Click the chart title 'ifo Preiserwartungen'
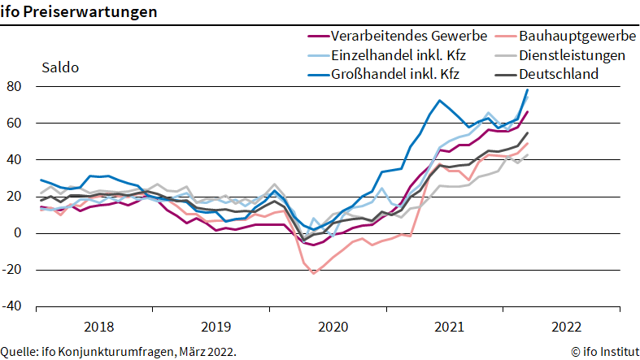78,11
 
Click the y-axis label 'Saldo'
60,67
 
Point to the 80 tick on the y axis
14,86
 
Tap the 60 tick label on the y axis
14,124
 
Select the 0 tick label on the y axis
17,233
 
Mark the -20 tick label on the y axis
11,270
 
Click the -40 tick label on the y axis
11,306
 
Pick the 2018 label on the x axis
98,327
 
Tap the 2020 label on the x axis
333,327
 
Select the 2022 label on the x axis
567,327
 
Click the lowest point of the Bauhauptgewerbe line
313,274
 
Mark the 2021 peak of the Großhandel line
439,100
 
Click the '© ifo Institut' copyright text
605,351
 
